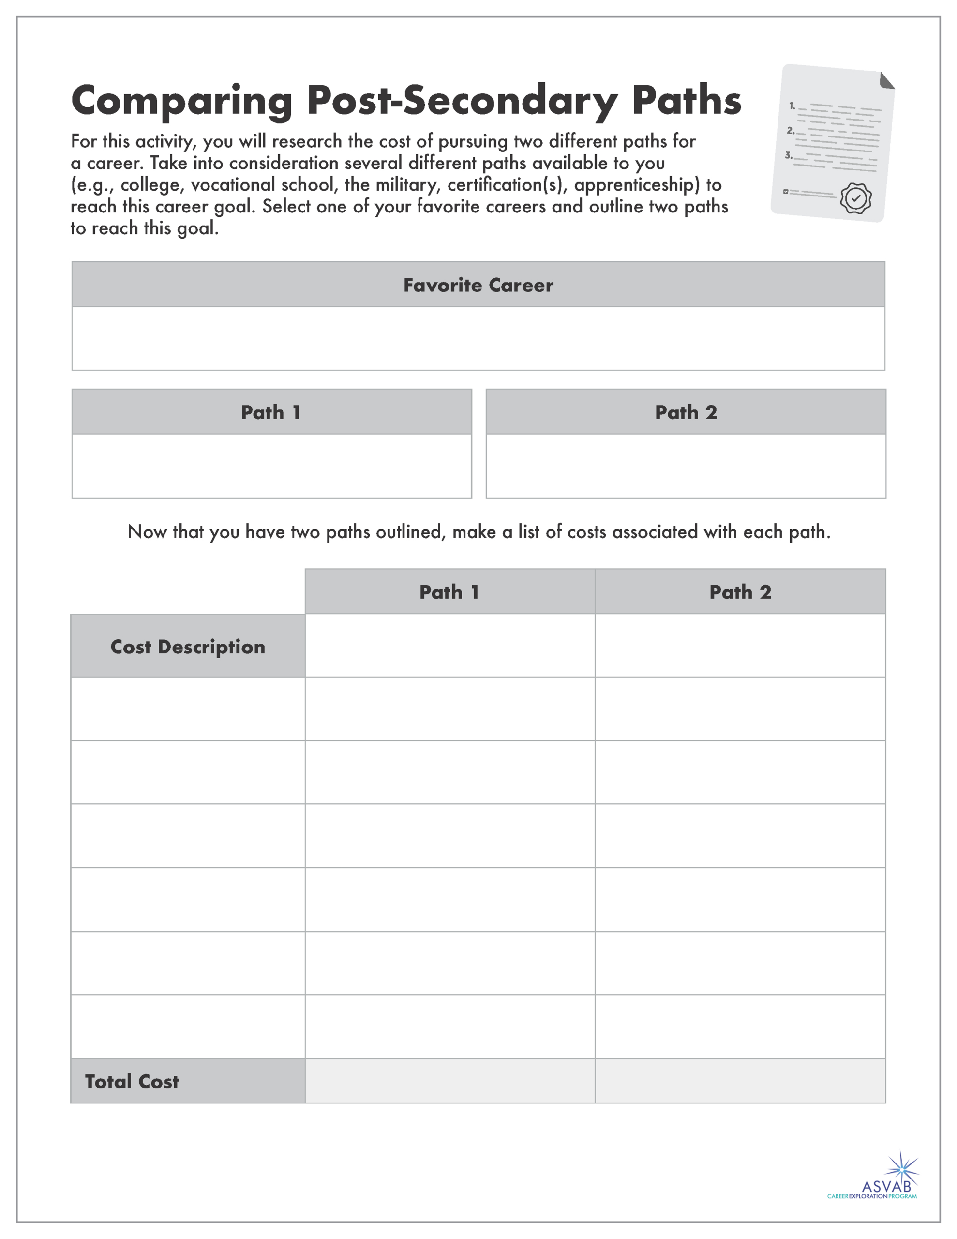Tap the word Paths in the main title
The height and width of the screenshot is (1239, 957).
coord(687,100)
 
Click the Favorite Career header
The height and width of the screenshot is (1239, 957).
coord(478,285)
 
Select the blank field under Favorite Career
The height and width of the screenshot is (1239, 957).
coord(478,339)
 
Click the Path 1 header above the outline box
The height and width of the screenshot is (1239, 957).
coord(271,412)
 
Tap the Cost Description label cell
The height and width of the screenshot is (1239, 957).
coord(188,647)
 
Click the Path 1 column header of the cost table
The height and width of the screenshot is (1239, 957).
coord(450,592)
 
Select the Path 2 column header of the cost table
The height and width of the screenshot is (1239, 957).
coord(740,592)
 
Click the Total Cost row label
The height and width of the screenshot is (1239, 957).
coord(132,1081)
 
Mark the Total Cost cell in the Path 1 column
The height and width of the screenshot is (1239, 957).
coord(450,1081)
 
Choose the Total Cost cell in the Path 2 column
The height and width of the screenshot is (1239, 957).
coord(740,1081)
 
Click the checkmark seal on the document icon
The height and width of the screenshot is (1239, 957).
coord(855,198)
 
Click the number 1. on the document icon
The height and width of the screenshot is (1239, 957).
coord(792,106)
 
